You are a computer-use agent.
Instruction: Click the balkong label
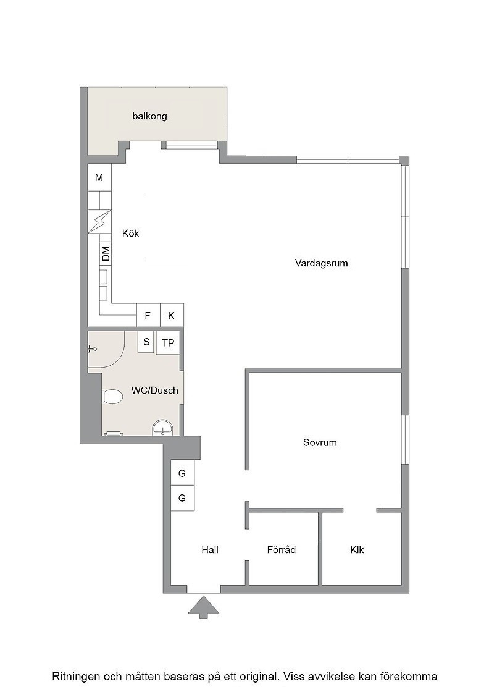click(x=149, y=116)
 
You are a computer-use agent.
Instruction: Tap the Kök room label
click(x=130, y=233)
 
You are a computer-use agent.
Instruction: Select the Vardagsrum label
click(x=322, y=263)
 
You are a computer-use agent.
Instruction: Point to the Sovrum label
click(x=320, y=442)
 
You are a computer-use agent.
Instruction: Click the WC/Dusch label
click(x=155, y=390)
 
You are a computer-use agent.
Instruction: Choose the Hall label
click(x=210, y=550)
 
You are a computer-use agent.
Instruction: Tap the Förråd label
click(x=282, y=549)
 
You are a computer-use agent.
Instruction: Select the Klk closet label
click(x=357, y=550)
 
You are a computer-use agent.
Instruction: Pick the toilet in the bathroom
click(x=112, y=396)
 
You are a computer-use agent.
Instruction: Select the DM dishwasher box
click(x=106, y=254)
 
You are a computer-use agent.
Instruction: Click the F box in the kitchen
click(x=148, y=316)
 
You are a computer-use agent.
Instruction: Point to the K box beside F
click(x=172, y=316)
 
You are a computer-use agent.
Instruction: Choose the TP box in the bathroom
click(x=168, y=342)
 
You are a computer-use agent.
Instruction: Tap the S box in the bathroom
click(x=146, y=342)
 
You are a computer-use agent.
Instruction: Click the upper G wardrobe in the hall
click(x=182, y=473)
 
